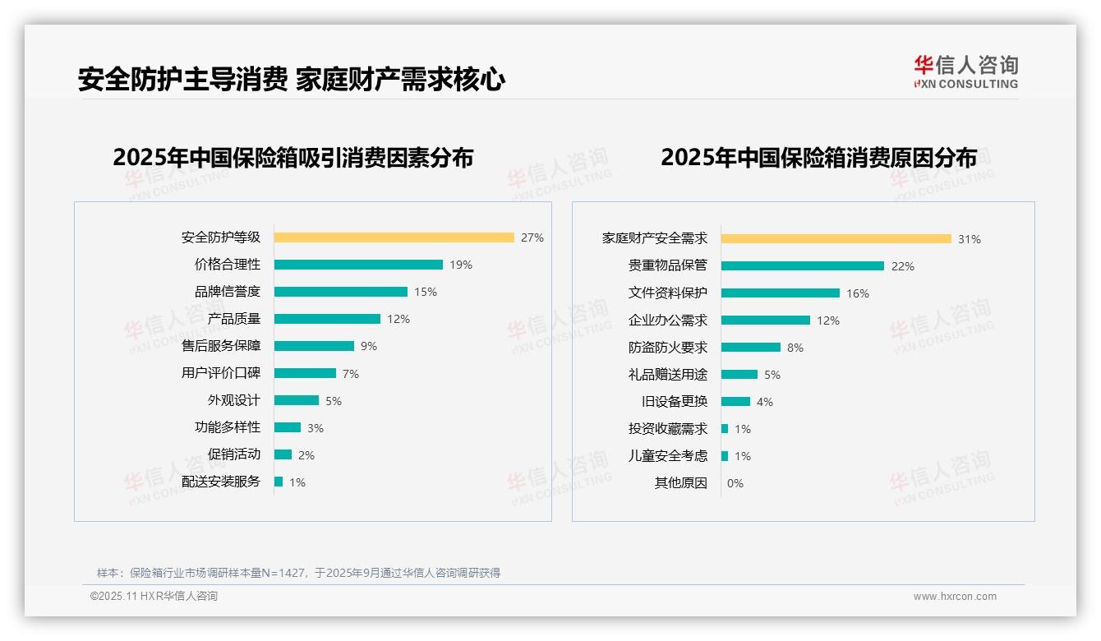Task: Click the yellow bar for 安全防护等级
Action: tap(394, 237)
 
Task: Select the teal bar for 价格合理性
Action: tap(358, 265)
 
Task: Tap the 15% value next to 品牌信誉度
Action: tap(426, 292)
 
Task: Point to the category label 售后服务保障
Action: tap(220, 346)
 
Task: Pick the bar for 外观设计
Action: tap(297, 400)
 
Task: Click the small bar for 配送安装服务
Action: tap(279, 482)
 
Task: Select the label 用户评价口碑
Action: tap(220, 373)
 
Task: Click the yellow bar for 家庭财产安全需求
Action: tap(836, 239)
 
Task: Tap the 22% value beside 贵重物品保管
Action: tap(903, 266)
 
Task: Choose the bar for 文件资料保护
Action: tap(781, 293)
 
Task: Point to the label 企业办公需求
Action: tap(667, 320)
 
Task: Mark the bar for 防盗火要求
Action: tap(751, 348)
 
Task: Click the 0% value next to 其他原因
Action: tap(735, 483)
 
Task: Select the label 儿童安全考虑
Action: tap(667, 456)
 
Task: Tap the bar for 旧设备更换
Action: tap(736, 402)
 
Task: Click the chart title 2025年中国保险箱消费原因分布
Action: tap(818, 158)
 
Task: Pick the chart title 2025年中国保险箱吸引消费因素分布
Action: tap(293, 158)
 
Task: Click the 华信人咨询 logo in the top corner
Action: tap(965, 72)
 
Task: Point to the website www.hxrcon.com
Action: tap(955, 597)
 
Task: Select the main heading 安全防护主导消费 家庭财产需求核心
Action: tap(292, 79)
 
